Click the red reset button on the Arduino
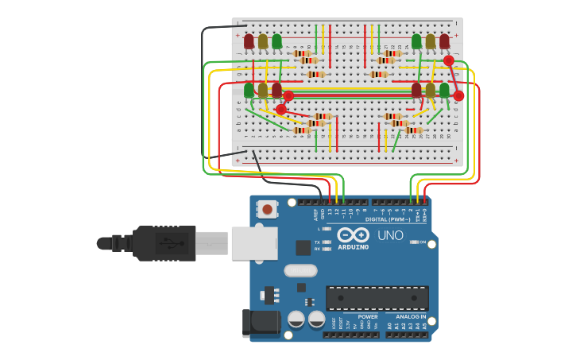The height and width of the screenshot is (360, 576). [x=267, y=210]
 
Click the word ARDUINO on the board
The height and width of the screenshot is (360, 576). [x=353, y=247]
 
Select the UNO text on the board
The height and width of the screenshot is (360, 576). [x=389, y=236]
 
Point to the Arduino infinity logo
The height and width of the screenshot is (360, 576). [x=352, y=235]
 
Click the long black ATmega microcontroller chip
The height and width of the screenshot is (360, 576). [x=377, y=298]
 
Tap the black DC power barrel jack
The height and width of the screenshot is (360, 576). [x=262, y=323]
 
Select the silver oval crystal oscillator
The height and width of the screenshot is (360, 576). [x=300, y=270]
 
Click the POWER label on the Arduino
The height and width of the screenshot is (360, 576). [x=367, y=316]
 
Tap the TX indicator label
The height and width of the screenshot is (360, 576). [x=317, y=242]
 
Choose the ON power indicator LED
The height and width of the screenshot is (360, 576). [x=414, y=242]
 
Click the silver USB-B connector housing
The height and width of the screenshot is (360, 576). [x=254, y=243]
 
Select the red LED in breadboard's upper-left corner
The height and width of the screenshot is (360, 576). [x=249, y=41]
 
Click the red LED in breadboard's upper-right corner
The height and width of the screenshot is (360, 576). [x=444, y=41]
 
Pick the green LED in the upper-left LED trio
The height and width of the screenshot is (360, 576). [x=276, y=41]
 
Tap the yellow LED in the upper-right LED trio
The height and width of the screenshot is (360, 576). [x=431, y=41]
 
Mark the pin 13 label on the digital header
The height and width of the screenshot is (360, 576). [x=330, y=212]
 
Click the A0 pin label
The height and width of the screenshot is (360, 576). [x=389, y=326]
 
